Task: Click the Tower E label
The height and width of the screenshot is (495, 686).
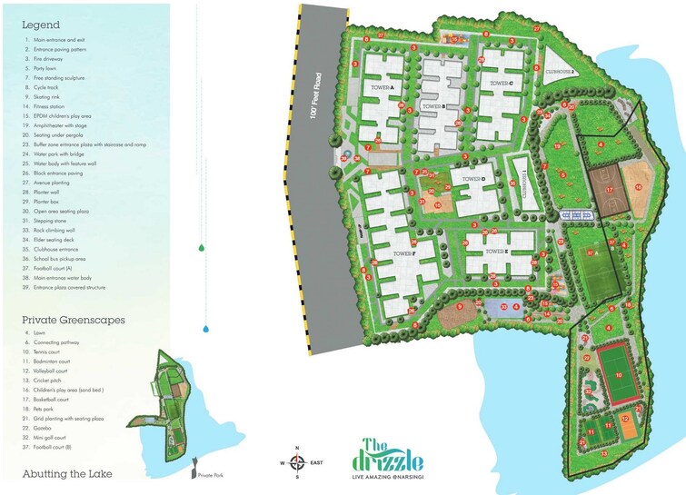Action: [x=494, y=251]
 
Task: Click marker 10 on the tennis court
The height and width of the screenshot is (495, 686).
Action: [x=618, y=373]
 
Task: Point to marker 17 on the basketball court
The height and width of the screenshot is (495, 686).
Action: [x=611, y=189]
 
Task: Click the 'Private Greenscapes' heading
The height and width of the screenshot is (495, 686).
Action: [x=74, y=321]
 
